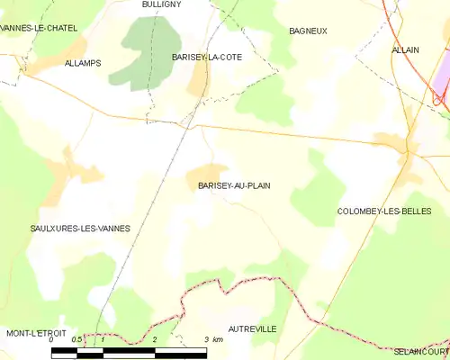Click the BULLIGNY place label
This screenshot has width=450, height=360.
(x=162, y=4)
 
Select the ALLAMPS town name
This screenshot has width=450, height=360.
(x=83, y=63)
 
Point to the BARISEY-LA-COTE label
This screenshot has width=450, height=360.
(x=206, y=57)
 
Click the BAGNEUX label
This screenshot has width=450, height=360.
(x=308, y=31)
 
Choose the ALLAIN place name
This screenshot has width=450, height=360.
(x=405, y=50)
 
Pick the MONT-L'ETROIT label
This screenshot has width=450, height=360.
(x=38, y=334)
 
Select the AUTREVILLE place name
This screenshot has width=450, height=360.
(x=252, y=329)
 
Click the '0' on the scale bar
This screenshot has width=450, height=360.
(x=51, y=340)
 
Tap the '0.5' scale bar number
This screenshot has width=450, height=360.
(x=78, y=340)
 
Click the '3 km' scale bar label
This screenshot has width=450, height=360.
(x=213, y=340)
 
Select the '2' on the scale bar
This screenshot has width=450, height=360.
(x=156, y=340)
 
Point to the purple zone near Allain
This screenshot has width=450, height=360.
(x=442, y=90)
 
